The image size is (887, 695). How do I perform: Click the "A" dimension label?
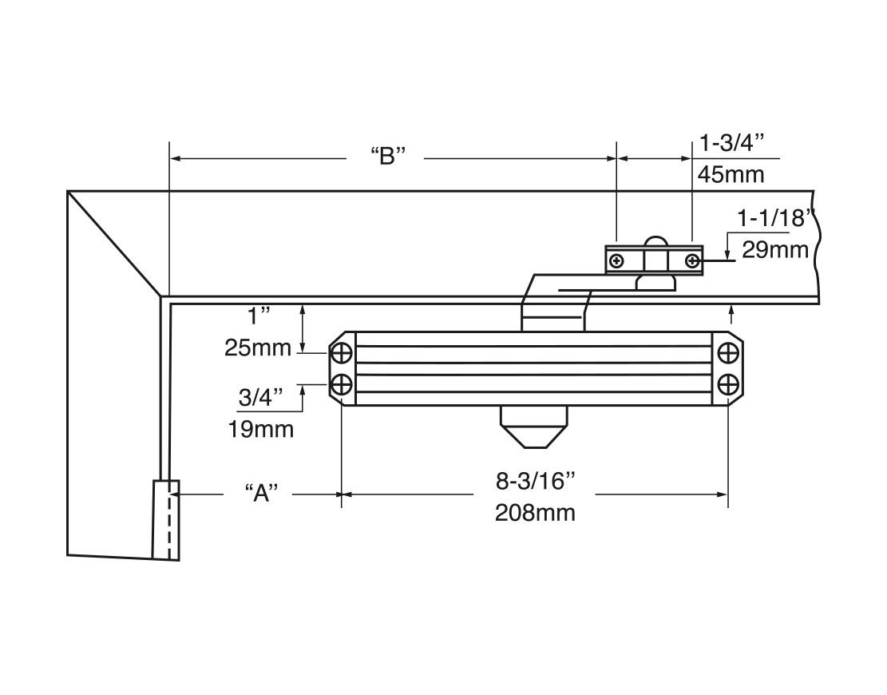(261, 494)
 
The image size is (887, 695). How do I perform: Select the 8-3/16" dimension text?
(535, 481)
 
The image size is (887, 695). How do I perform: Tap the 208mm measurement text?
(535, 512)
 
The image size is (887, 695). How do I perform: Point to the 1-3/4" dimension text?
(732, 144)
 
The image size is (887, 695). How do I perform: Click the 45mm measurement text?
(731, 174)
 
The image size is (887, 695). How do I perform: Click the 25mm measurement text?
(259, 347)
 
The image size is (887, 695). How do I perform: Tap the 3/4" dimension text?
(261, 398)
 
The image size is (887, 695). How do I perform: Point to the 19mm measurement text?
(261, 429)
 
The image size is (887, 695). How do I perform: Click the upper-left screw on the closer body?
(341, 353)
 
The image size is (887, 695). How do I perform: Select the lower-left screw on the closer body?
(341, 385)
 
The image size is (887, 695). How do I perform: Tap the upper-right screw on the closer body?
(727, 353)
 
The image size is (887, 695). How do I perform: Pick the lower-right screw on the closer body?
(727, 385)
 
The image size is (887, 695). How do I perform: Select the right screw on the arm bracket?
(691, 261)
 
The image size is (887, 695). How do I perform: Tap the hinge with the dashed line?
(165, 519)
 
